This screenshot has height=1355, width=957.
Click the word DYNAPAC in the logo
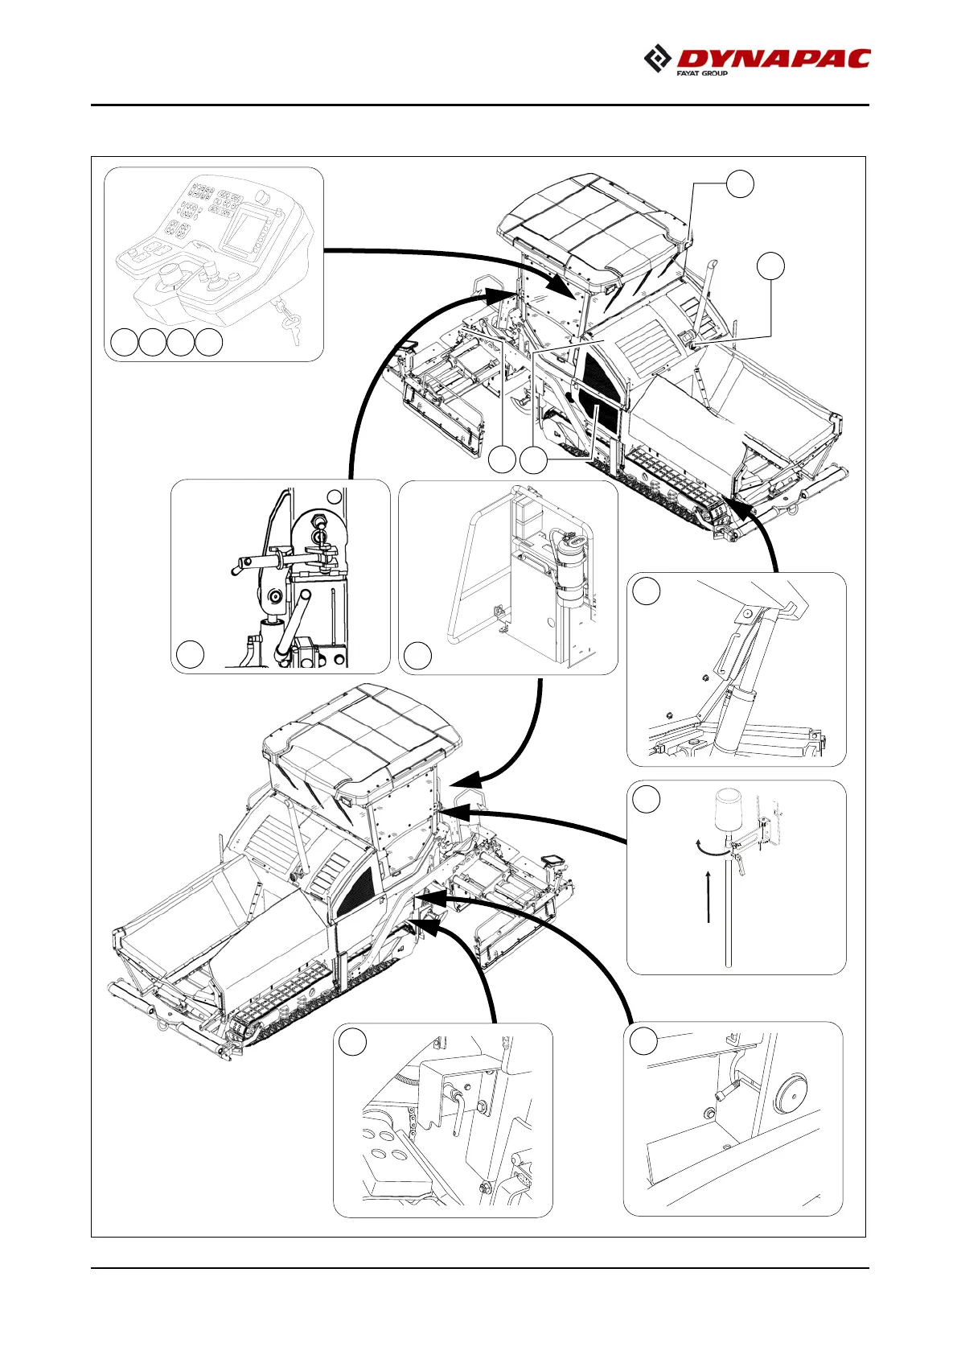click(774, 59)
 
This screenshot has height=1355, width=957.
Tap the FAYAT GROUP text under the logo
click(701, 73)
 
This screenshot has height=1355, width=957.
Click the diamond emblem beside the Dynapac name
click(658, 60)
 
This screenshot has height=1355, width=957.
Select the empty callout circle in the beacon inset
click(646, 799)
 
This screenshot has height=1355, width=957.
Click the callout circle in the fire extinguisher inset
click(417, 656)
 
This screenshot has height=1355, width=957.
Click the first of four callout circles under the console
click(124, 342)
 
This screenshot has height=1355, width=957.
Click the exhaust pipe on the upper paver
click(709, 290)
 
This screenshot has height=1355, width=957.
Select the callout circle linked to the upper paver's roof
click(740, 183)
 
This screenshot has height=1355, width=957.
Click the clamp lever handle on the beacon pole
click(741, 865)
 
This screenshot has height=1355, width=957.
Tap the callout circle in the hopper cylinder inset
click(646, 591)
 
